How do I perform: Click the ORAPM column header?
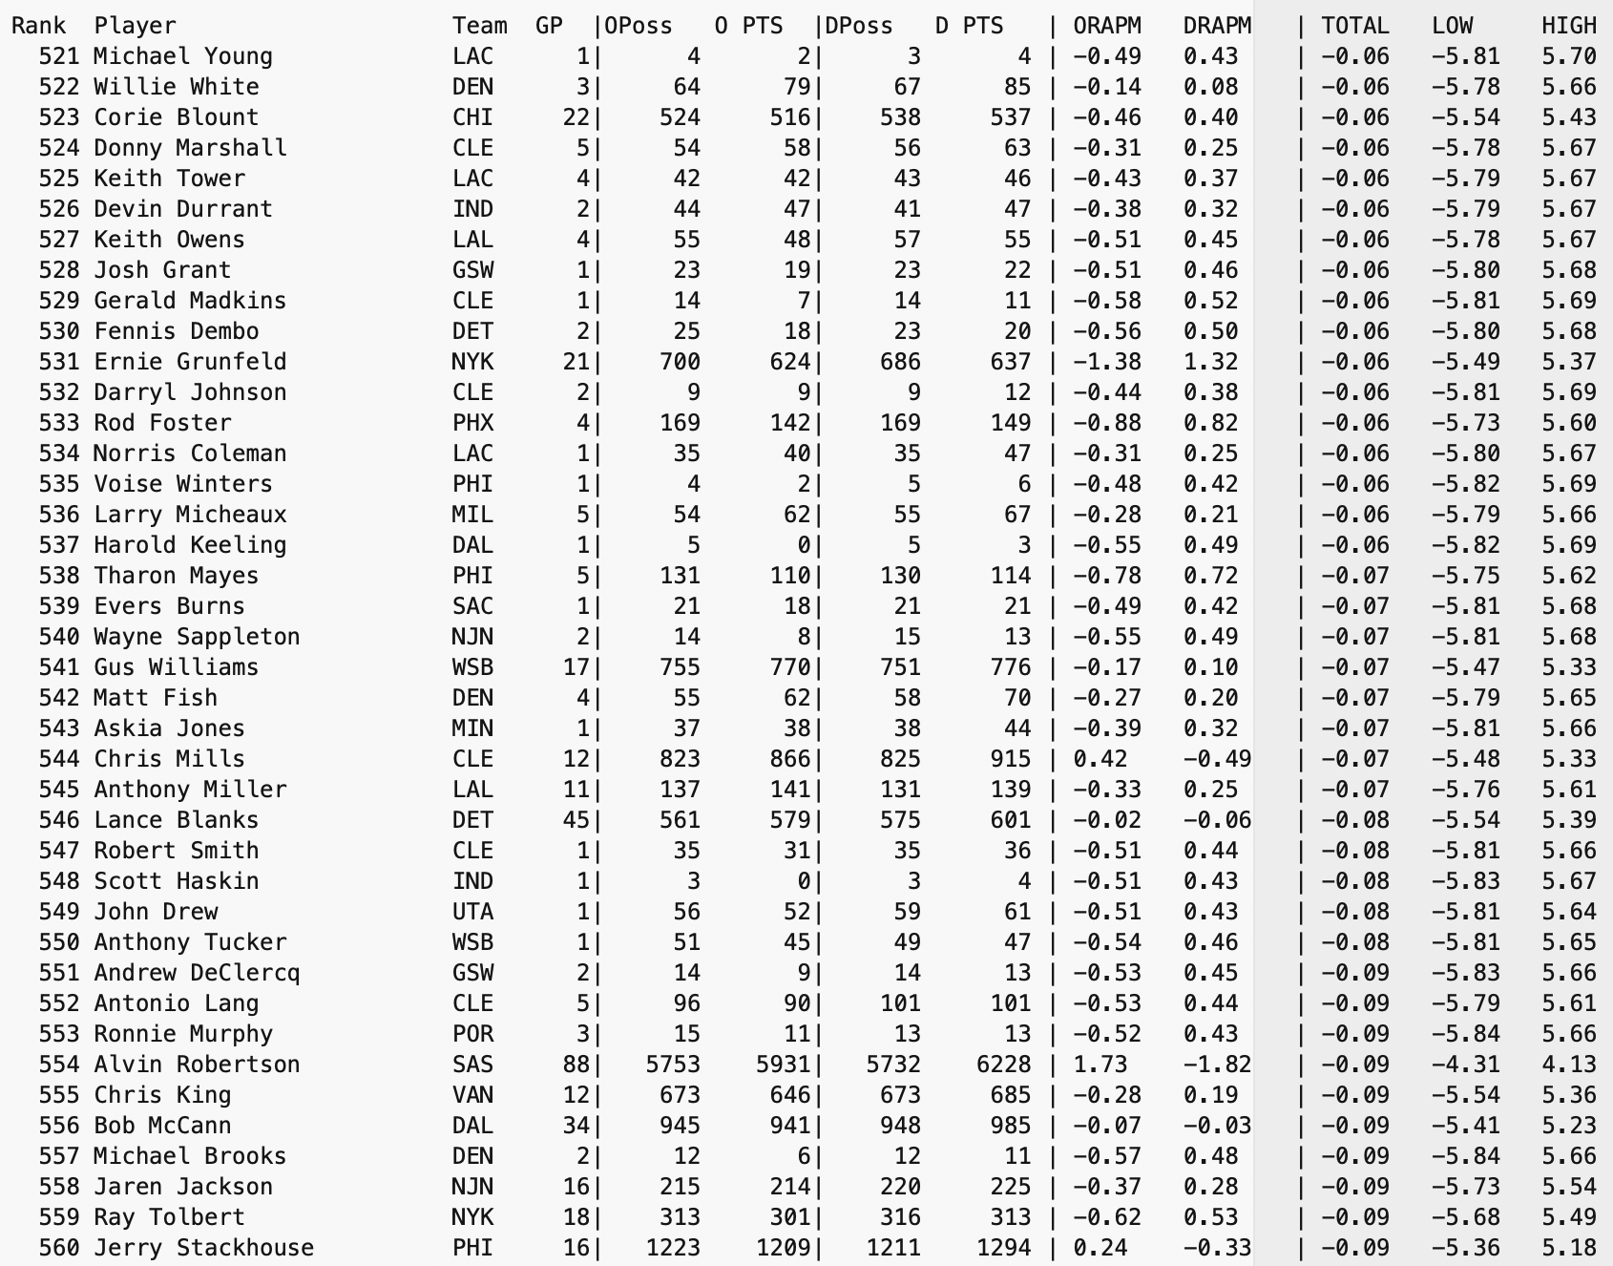(x=1106, y=26)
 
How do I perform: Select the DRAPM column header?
(x=1216, y=26)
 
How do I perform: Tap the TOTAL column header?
(x=1354, y=26)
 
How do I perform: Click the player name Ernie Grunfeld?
(x=190, y=362)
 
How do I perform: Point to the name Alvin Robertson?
(x=197, y=1065)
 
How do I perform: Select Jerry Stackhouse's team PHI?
(x=472, y=1248)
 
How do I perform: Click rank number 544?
(x=59, y=759)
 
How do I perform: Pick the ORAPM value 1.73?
(x=1100, y=1065)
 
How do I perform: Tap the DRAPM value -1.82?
(x=1216, y=1065)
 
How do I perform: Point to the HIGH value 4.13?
(x=1568, y=1065)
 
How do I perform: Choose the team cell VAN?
(x=472, y=1095)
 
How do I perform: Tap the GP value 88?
(x=576, y=1065)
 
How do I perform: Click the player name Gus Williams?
(x=176, y=667)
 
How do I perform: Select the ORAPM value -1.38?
(x=1106, y=362)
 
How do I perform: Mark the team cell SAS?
(x=472, y=1065)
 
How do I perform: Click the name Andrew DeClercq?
(x=197, y=973)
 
